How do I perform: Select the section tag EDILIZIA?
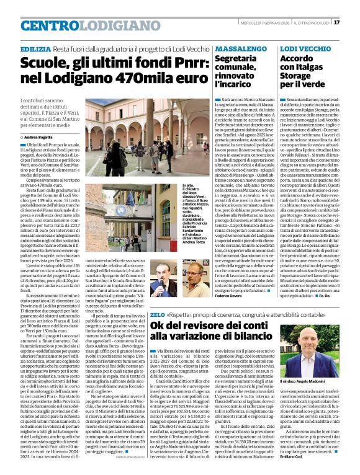coord(35,48)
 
